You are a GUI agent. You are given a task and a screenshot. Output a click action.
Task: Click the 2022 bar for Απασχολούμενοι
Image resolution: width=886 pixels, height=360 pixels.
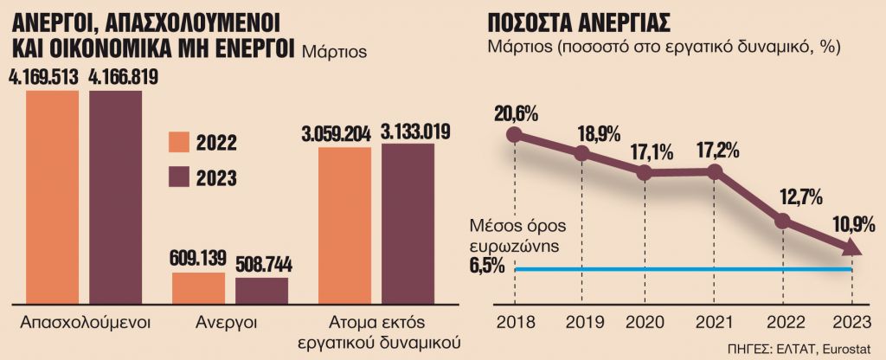[52, 196]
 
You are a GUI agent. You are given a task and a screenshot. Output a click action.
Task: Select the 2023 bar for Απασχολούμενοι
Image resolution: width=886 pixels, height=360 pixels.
[115, 196]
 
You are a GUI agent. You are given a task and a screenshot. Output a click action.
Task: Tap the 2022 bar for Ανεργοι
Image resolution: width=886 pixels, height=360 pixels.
[198, 287]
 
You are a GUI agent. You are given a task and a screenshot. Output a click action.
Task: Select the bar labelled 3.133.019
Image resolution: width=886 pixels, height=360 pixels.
[408, 223]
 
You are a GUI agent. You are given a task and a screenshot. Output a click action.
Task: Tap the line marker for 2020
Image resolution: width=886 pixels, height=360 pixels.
[645, 172]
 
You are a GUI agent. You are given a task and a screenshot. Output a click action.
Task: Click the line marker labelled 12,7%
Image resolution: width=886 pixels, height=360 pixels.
[782, 221]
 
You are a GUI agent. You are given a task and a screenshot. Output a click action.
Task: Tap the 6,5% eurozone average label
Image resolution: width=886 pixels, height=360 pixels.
[488, 267]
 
